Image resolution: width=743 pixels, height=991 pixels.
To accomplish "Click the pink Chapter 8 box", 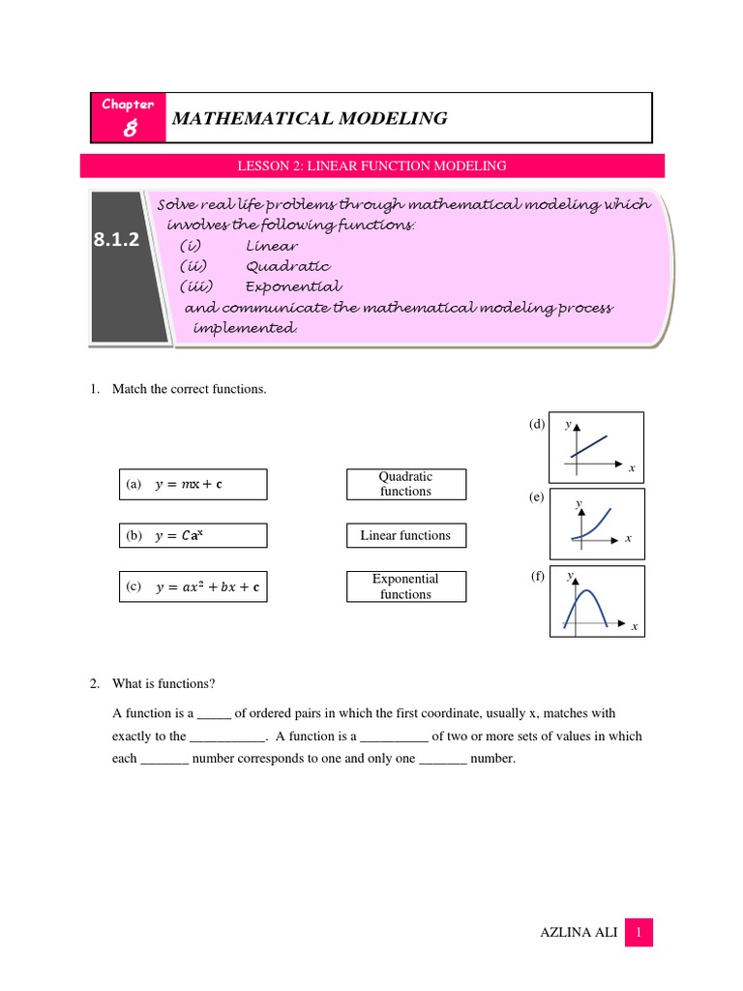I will click(128, 118).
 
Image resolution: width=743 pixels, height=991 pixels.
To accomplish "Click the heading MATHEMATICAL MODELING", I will click(309, 119).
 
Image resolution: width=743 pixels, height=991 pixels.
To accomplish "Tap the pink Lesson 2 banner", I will click(371, 166).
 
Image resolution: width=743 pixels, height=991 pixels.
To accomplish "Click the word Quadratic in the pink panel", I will click(287, 266).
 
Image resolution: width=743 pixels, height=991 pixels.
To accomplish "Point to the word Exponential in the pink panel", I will click(293, 287).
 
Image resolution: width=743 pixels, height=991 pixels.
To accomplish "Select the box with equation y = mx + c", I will click(193, 485).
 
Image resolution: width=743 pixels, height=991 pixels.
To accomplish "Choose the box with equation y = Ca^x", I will click(193, 536).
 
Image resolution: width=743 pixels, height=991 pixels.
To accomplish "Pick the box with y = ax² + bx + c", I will click(193, 586).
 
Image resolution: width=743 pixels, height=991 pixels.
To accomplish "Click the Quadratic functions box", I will click(405, 484).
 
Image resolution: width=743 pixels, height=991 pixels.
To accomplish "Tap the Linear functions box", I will click(405, 535).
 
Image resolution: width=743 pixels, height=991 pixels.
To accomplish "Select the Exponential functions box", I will click(405, 586).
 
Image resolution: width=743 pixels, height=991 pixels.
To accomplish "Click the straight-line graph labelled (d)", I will click(596, 447).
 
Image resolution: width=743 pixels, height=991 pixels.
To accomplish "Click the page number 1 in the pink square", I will click(639, 933).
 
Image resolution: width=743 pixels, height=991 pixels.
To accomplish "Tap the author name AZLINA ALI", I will click(577, 933).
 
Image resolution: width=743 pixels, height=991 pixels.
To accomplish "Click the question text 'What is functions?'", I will click(164, 684).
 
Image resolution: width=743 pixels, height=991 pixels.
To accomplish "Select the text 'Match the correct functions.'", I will click(189, 389).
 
